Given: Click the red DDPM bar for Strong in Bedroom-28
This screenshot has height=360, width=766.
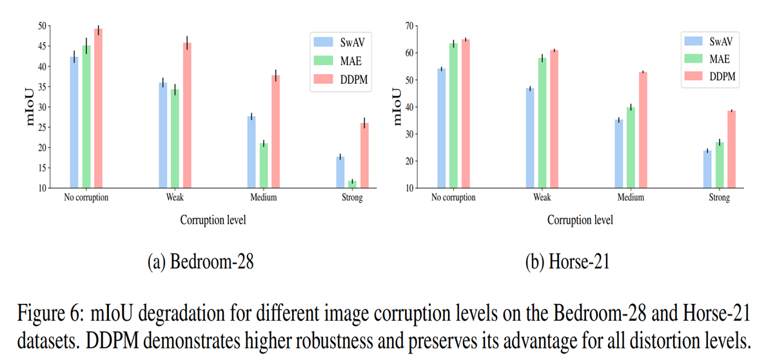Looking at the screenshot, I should click(364, 155).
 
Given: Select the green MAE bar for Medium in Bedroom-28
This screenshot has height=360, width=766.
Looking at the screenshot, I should click(264, 166).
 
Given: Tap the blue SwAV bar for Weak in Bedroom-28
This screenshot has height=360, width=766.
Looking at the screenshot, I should click(163, 135).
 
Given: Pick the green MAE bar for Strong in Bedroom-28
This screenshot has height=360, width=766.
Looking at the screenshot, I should click(352, 185).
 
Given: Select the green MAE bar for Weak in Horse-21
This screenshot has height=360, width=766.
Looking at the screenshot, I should click(542, 123).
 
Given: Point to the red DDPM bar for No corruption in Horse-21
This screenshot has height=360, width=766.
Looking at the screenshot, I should click(466, 114).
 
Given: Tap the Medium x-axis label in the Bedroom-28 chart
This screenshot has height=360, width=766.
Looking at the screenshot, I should click(263, 198).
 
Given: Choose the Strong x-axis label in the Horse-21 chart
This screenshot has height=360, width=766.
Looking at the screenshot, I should click(719, 198).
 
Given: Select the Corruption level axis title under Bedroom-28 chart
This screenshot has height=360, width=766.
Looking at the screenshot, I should click(213, 220).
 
